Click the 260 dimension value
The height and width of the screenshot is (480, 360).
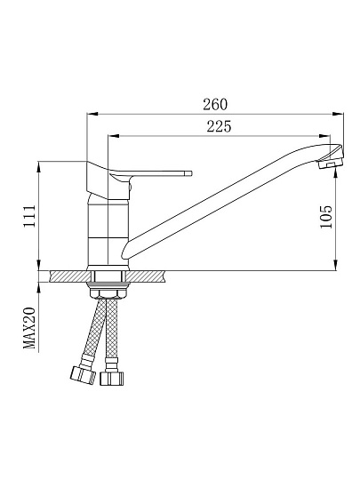click(x=215, y=104)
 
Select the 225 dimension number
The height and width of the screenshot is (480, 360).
click(x=220, y=126)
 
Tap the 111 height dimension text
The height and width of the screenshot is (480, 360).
click(x=29, y=216)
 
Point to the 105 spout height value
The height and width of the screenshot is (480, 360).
click(x=325, y=217)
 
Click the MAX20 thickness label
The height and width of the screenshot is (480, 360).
click(x=29, y=329)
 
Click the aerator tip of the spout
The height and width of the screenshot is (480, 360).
click(x=331, y=164)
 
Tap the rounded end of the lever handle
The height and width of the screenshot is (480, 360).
click(x=188, y=173)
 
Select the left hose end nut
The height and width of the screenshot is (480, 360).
click(x=83, y=375)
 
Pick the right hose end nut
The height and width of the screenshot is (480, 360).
click(x=112, y=379)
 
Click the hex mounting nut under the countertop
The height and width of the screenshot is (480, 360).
click(x=109, y=294)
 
